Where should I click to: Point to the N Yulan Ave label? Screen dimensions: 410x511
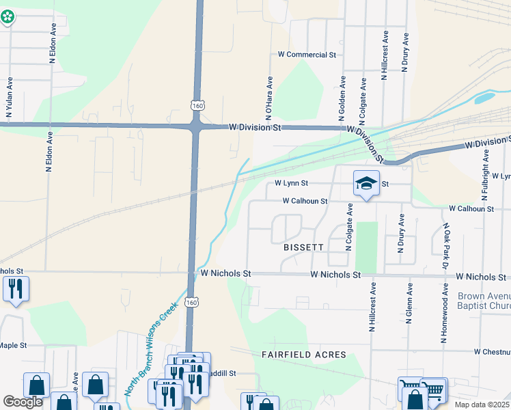point(10,96)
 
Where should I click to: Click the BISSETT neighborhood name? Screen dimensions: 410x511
point(303,247)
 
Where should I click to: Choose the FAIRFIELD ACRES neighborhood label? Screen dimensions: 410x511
point(304,355)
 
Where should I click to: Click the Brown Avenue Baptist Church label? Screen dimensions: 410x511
point(484,301)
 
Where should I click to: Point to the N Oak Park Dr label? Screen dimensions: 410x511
point(446,246)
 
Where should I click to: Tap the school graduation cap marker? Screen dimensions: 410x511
point(366,183)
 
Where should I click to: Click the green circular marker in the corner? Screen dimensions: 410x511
point(8,17)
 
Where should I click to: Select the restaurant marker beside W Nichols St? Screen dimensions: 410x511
point(16,288)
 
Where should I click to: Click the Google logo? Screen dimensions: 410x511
point(23,402)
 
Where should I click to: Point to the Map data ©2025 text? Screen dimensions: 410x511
point(482,405)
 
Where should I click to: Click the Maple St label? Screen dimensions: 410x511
point(13,346)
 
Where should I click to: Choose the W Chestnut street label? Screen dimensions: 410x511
point(492,351)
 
